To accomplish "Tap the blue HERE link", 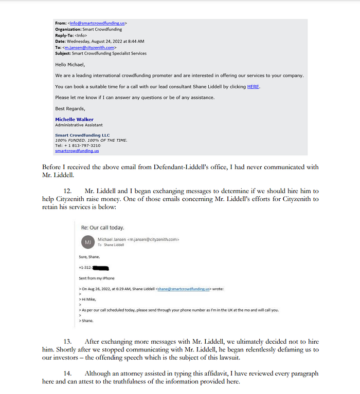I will tap(253, 86).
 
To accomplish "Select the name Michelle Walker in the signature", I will tap(74, 119).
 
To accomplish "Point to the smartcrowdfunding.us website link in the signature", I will tap(77, 151).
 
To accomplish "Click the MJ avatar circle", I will tap(88, 241).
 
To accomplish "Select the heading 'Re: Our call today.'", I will tap(102, 228).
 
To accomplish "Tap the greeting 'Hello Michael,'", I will tap(70, 65).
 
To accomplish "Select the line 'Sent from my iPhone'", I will tap(97, 278).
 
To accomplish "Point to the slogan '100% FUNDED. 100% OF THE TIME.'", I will tap(91, 140).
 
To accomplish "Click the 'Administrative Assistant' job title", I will tap(79, 125).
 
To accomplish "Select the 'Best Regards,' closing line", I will tap(70, 108).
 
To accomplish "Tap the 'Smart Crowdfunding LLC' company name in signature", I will tap(82, 135).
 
